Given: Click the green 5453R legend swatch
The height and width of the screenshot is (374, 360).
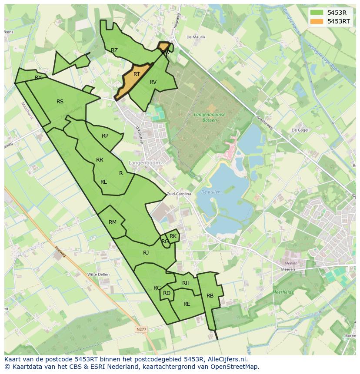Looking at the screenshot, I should [x=317, y=13].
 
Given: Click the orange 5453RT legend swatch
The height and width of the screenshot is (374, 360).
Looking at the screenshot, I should [x=317, y=21].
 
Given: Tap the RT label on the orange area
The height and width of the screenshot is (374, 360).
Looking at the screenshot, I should [x=137, y=74].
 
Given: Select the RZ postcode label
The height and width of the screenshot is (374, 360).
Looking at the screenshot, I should [x=114, y=50].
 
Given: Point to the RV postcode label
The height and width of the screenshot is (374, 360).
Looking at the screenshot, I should [x=153, y=82].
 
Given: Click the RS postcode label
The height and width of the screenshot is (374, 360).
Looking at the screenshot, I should [x=60, y=102].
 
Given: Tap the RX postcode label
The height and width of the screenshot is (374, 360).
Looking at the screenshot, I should [x=38, y=78].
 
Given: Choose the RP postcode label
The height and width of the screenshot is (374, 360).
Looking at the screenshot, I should [x=105, y=136].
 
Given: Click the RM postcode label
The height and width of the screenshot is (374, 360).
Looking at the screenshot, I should [x=113, y=222].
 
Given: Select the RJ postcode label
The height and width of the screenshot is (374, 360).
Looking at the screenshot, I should [x=146, y=253].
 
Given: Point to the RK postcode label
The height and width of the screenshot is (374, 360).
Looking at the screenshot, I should [x=173, y=236].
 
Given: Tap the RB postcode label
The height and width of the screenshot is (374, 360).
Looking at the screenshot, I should [x=210, y=296].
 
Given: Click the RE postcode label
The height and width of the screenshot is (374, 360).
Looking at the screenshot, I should [x=187, y=304].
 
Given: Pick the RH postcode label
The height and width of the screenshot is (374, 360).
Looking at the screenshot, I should [x=186, y=283].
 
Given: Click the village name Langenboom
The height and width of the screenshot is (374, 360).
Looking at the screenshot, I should [x=144, y=162].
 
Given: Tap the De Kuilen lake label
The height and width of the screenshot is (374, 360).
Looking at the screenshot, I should [x=211, y=192].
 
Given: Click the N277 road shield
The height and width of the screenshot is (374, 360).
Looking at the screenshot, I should [x=141, y=330].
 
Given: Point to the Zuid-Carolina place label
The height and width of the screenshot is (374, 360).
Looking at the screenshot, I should [x=179, y=194].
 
